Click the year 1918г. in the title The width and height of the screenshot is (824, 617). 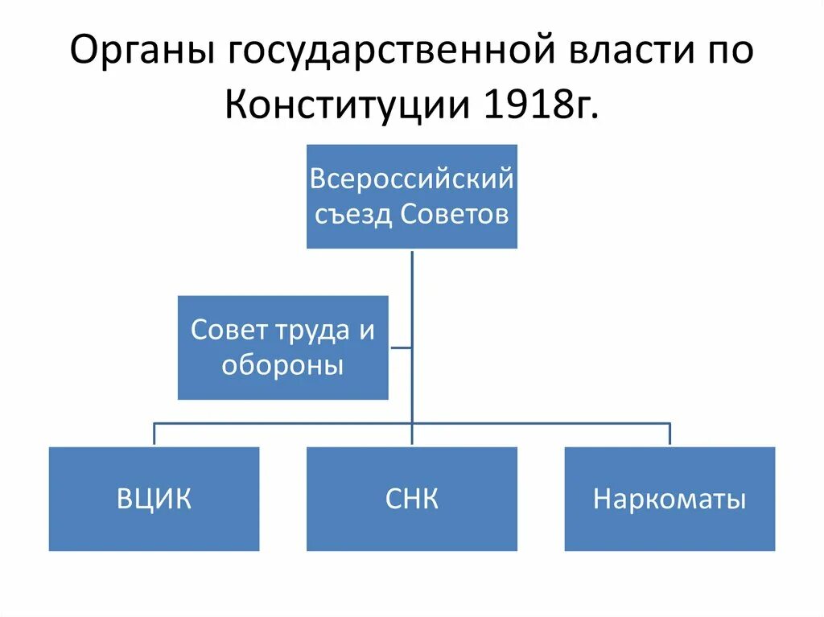click(x=540, y=105)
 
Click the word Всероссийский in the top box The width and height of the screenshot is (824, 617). click(x=412, y=178)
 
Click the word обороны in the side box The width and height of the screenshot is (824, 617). click(x=282, y=366)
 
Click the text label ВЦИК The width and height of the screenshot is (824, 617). click(x=154, y=500)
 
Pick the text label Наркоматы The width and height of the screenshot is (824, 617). click(x=669, y=500)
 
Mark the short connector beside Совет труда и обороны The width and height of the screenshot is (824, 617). click(x=400, y=348)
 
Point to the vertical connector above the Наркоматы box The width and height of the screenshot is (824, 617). click(x=669, y=434)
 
